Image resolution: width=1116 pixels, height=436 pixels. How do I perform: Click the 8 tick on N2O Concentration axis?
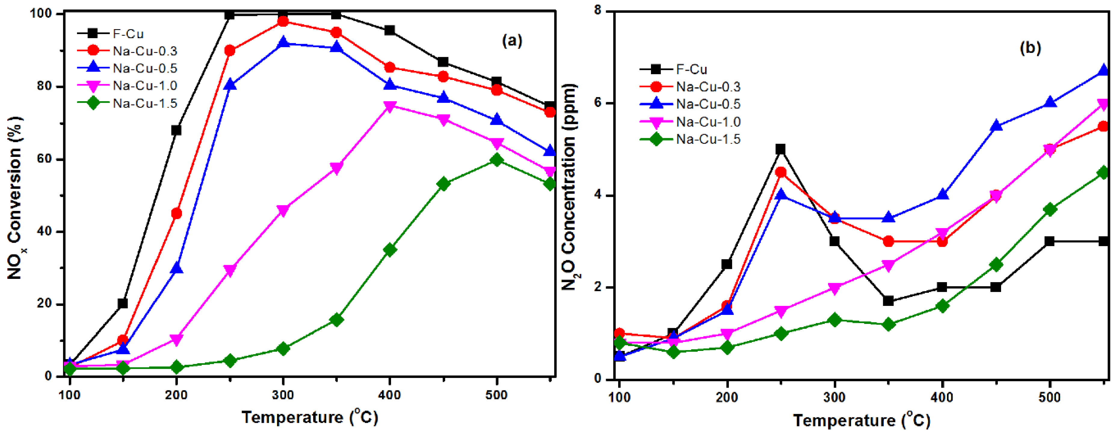[598, 11]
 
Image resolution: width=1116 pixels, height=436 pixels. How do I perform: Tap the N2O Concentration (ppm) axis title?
[570, 186]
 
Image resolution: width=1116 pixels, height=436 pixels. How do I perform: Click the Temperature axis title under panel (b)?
[862, 420]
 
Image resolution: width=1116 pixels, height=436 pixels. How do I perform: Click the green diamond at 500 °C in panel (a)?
[496, 160]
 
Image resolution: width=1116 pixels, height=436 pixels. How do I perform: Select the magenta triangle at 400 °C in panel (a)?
[390, 106]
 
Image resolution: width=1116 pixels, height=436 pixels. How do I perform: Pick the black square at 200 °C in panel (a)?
[176, 130]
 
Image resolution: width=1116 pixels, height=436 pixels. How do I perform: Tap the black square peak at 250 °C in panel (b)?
[781, 149]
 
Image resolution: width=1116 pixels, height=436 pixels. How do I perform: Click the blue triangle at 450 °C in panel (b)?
[996, 126]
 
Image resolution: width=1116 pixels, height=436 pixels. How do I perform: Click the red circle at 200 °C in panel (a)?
[176, 213]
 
